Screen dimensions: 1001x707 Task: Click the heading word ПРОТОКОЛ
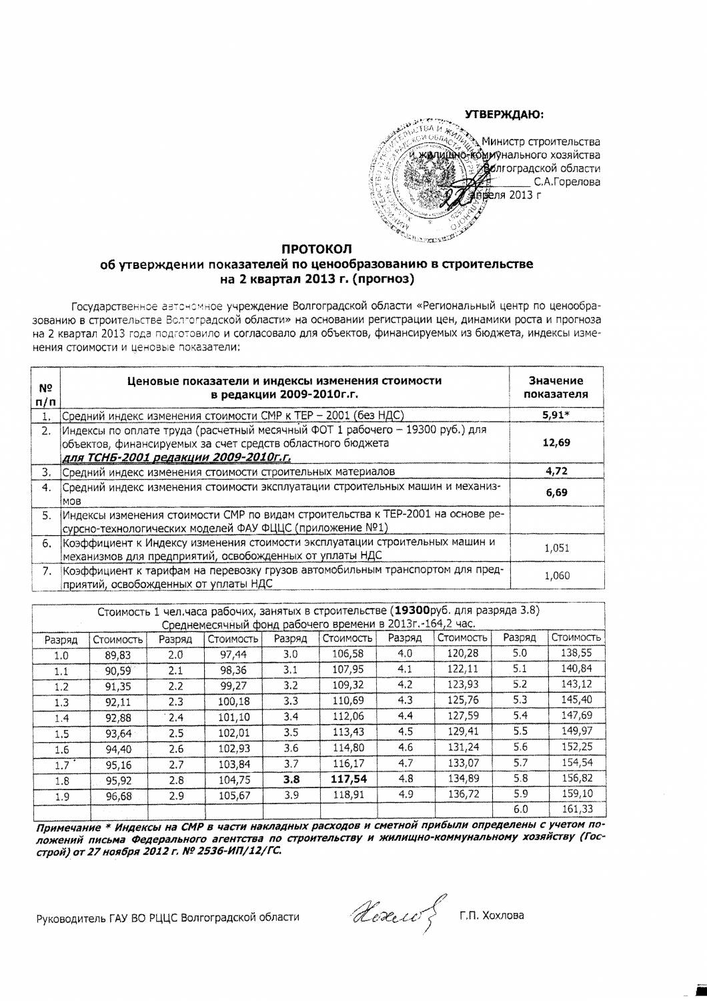[x=316, y=250]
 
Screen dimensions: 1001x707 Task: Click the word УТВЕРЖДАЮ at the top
[x=504, y=114]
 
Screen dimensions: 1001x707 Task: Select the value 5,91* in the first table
[x=556, y=414]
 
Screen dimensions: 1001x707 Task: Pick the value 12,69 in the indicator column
[x=556, y=442]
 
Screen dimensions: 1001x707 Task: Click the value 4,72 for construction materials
[x=556, y=471]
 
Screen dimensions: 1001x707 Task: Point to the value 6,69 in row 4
[x=556, y=492]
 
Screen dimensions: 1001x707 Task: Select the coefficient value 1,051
[x=556, y=548]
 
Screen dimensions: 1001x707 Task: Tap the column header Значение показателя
[x=556, y=387]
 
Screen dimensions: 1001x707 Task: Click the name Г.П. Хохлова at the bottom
[x=492, y=914]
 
